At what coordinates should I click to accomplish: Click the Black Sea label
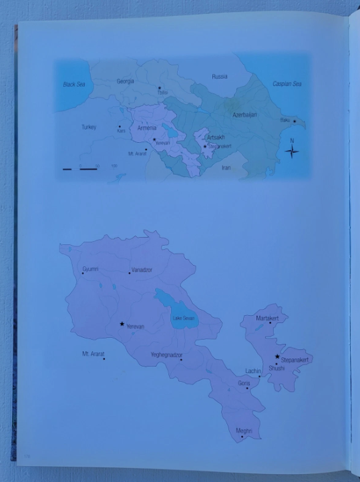(x=75, y=85)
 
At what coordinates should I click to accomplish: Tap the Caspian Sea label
(x=287, y=84)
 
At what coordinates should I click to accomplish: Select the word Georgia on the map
(x=126, y=81)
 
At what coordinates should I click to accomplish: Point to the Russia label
(x=219, y=77)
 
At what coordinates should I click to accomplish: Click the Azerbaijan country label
(x=244, y=115)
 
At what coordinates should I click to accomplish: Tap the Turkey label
(x=89, y=127)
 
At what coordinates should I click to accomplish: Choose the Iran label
(x=226, y=168)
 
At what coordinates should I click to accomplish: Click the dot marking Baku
(x=294, y=122)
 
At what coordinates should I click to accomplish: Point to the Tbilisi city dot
(x=160, y=87)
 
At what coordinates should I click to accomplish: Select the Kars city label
(x=121, y=131)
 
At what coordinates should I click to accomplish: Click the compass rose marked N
(x=291, y=151)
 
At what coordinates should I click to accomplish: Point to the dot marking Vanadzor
(x=130, y=273)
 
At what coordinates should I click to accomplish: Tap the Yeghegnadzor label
(x=166, y=354)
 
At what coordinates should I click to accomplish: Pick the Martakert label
(x=267, y=318)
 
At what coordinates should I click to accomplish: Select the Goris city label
(x=243, y=385)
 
